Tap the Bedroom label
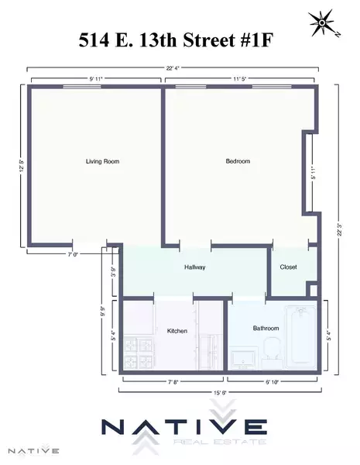(x=237, y=161)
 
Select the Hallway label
(x=194, y=267)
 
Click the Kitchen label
(x=177, y=331)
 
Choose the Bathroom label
(x=266, y=328)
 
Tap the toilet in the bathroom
(x=271, y=351)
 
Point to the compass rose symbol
(x=320, y=22)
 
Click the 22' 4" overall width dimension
(x=174, y=67)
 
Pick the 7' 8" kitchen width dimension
(x=173, y=381)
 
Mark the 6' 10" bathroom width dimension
(x=273, y=381)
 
